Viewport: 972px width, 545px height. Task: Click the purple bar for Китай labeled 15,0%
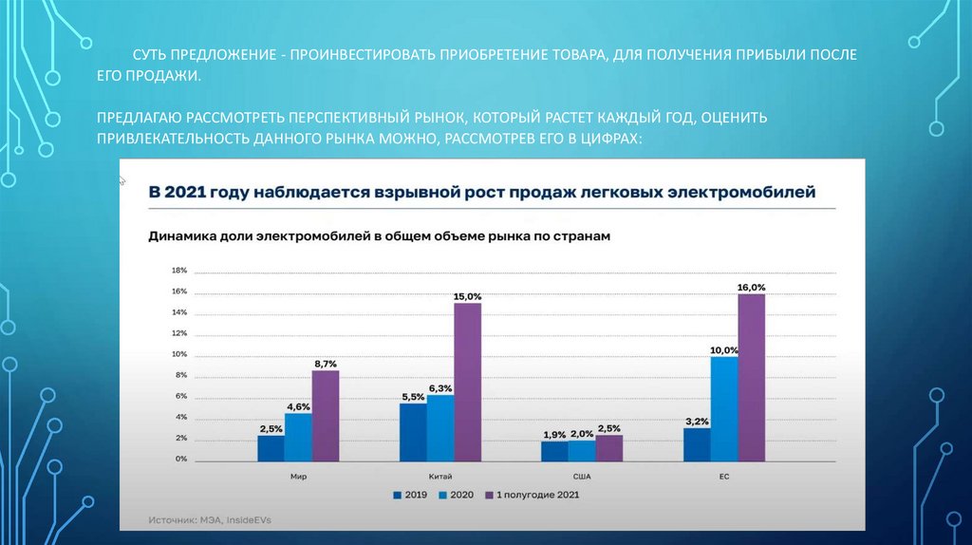tap(467, 383)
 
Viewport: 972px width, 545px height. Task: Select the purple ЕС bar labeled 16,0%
tap(751, 378)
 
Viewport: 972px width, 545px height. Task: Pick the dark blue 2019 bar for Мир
tap(271, 448)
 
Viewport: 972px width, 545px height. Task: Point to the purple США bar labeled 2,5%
tap(608, 448)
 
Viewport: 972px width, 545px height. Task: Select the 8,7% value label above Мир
tap(325, 364)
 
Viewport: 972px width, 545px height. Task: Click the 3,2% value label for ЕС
tap(696, 422)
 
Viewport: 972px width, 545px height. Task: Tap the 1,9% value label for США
tap(554, 435)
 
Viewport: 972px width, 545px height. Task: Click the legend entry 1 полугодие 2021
tap(533, 495)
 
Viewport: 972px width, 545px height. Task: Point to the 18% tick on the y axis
tap(178, 271)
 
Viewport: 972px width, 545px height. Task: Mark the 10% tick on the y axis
tap(178, 355)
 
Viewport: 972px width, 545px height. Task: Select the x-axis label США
tap(581, 477)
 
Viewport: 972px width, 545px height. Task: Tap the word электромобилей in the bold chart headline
tap(744, 193)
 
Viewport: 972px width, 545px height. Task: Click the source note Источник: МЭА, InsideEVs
tap(209, 520)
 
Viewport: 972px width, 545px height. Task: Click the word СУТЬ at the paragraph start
tap(150, 56)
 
